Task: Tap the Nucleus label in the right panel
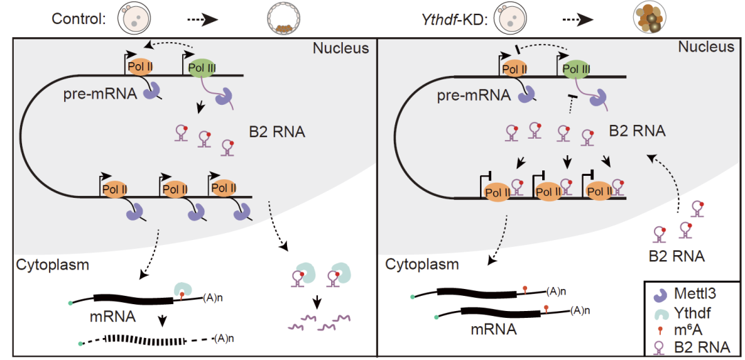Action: [706, 47]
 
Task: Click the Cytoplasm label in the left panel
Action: [53, 263]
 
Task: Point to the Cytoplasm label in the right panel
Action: [422, 264]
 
